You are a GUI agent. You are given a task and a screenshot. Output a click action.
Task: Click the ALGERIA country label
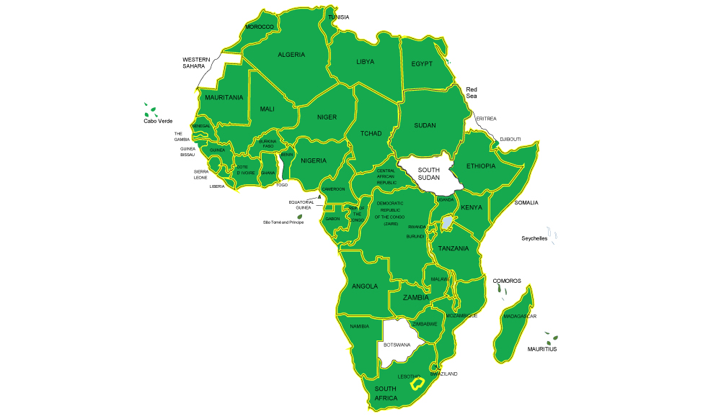(291, 55)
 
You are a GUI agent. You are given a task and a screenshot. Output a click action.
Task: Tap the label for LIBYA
(366, 62)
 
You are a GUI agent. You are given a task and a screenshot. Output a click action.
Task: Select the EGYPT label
(422, 64)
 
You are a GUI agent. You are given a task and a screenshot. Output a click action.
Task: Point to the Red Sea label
(472, 92)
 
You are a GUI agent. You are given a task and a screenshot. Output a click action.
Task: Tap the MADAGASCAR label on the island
(520, 317)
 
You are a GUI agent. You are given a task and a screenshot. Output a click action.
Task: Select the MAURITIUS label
(542, 349)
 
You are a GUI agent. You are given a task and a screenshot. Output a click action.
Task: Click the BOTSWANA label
(397, 345)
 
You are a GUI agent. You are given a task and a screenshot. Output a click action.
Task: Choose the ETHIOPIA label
(481, 166)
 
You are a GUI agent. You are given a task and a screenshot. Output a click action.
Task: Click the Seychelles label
(535, 238)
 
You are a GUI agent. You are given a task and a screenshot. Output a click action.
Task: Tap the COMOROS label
(507, 281)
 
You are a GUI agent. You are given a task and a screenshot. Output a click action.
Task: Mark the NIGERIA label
(314, 160)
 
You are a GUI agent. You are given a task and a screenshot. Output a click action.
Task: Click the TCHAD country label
(371, 134)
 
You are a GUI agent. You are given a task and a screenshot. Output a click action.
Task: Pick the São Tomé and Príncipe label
(283, 222)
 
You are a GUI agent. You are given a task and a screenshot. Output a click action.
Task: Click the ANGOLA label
(365, 286)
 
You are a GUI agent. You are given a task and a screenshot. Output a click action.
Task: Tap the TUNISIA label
(338, 17)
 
